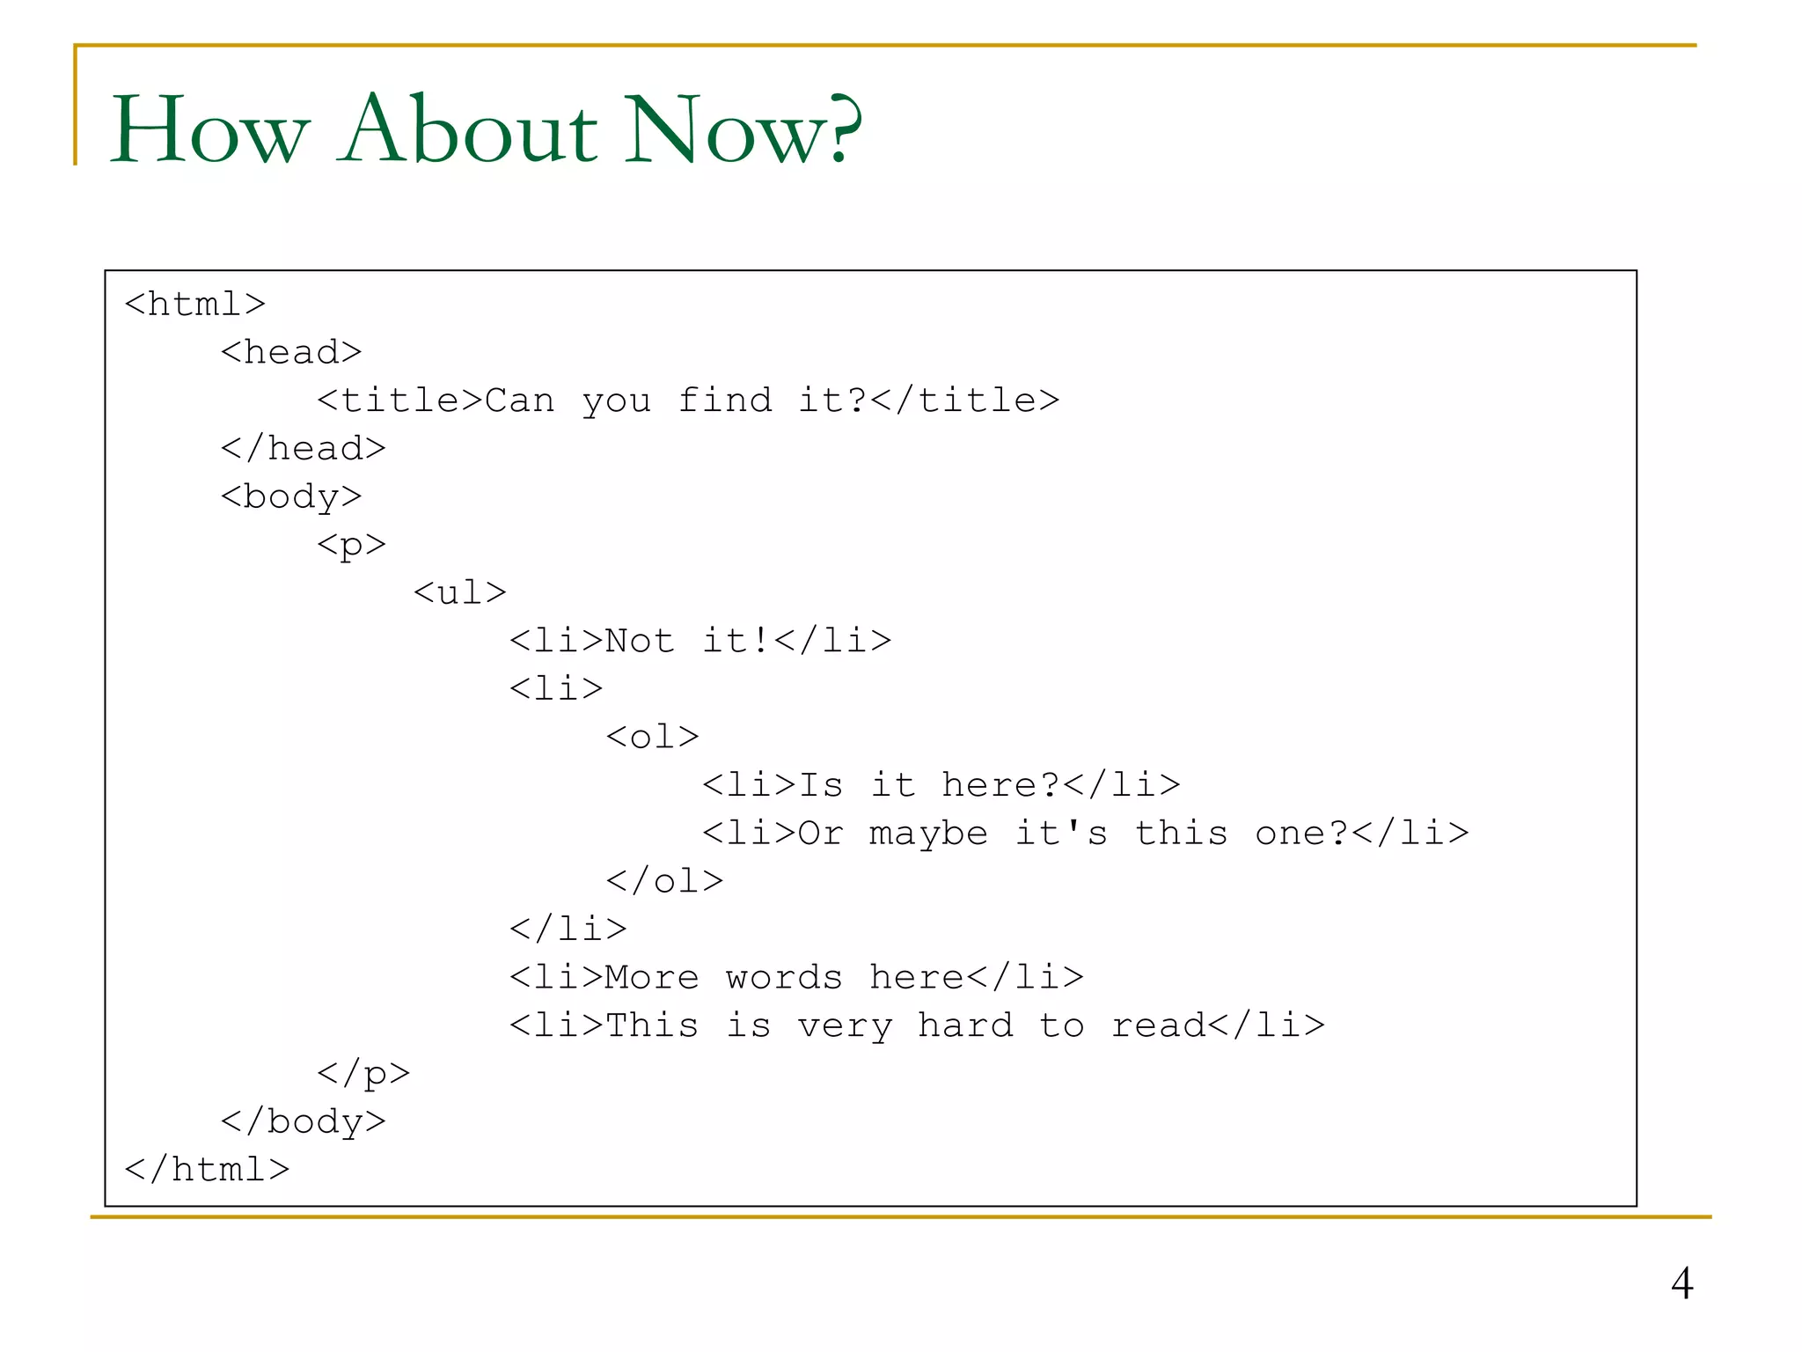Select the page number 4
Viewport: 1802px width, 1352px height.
pyautogui.click(x=1681, y=1283)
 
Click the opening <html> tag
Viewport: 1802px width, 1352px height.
pyautogui.click(x=195, y=304)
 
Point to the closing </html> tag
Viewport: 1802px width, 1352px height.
pyautogui.click(x=207, y=1169)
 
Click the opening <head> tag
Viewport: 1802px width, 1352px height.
pyautogui.click(x=291, y=352)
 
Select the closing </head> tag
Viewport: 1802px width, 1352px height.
pyautogui.click(x=304, y=448)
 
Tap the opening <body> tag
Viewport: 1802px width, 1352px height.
pyautogui.click(x=291, y=496)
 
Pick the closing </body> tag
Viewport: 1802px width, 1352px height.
pyautogui.click(x=304, y=1121)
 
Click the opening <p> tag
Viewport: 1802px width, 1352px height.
pyautogui.click(x=351, y=545)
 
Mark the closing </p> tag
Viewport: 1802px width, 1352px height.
pyautogui.click(x=363, y=1073)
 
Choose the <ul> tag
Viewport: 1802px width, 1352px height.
pyautogui.click(x=460, y=592)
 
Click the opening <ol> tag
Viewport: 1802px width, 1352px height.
pyautogui.click(x=652, y=737)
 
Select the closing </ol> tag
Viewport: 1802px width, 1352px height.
pyautogui.click(x=664, y=881)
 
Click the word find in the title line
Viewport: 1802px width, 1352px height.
pyautogui.click(x=725, y=400)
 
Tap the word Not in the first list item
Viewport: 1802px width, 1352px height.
pyautogui.click(x=640, y=641)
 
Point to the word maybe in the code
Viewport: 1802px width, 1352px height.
pyautogui.click(x=928, y=833)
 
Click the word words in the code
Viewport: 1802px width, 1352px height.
pyautogui.click(x=784, y=977)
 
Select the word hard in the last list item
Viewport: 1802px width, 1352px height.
pyautogui.click(x=965, y=1025)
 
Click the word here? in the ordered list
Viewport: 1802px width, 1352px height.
pyautogui.click(x=1000, y=784)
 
